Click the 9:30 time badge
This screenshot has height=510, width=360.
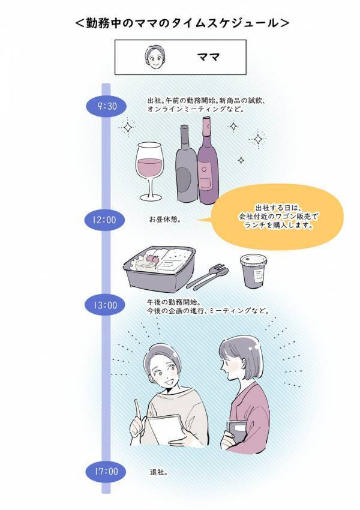[106, 106]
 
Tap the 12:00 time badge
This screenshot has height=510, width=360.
[104, 220]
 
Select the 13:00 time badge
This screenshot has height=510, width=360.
[104, 305]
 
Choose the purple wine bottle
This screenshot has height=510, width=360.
[208, 162]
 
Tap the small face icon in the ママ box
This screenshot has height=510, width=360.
[154, 57]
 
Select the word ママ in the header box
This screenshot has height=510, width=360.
[208, 58]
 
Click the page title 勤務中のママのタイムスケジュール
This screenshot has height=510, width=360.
[180, 23]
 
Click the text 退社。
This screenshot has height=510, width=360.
[159, 472]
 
